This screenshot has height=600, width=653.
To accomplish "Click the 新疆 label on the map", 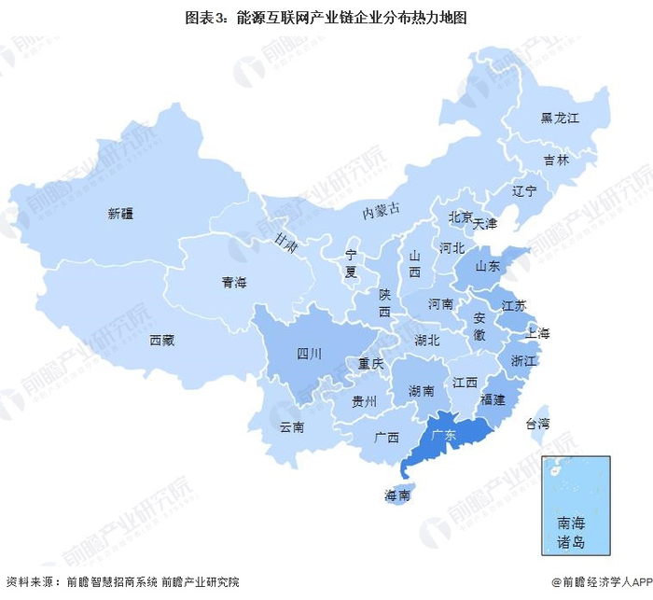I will [x=120, y=214].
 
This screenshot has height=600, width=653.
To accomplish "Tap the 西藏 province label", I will [x=161, y=341].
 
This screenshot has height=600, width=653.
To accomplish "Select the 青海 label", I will [x=233, y=283].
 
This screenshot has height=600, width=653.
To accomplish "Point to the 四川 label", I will [x=309, y=354].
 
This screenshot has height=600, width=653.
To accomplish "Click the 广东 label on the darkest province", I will [x=443, y=436].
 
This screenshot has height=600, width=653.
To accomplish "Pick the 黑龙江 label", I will [x=560, y=119].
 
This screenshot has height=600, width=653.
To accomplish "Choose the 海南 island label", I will [x=397, y=495].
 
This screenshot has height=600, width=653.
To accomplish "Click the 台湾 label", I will [x=536, y=424].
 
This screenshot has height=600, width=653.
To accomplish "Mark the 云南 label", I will [x=292, y=427].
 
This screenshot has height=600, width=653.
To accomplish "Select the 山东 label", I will [x=488, y=267].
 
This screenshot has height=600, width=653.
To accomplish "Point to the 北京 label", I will [x=461, y=216].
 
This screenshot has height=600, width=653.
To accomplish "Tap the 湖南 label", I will [x=421, y=391].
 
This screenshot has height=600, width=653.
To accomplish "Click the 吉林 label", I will [x=556, y=160].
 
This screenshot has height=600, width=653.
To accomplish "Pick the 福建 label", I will [x=492, y=399].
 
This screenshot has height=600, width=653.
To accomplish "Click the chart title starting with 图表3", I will [x=326, y=16].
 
